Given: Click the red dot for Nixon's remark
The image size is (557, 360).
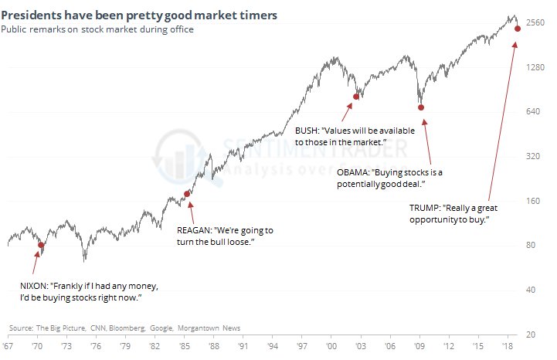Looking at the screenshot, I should pos(41,246).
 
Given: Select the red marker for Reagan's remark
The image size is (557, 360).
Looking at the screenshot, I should pos(186,194).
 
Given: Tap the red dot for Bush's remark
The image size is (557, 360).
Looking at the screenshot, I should pos(356,97).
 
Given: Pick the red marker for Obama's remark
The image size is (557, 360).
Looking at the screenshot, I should pos(421,107).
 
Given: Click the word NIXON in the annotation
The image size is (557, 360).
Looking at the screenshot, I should pos(29,286).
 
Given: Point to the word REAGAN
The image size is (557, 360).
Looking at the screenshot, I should pos(189,230).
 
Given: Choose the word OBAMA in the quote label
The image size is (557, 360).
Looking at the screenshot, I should pos(352,172).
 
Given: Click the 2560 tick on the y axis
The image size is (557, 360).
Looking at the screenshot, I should pos(535,22).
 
